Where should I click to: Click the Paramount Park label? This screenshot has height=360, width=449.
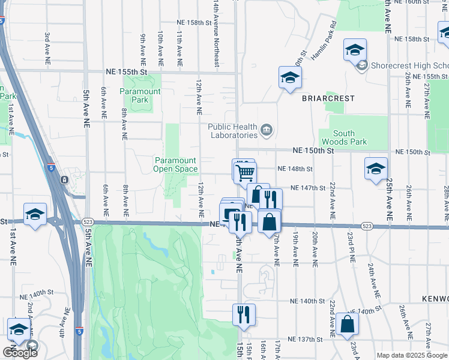pos(140,95)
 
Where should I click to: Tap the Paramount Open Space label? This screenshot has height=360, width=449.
pos(175,164)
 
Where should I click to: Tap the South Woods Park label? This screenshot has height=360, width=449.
pos(343,137)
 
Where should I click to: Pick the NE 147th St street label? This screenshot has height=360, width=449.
pos(307,188)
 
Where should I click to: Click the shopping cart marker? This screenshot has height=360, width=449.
pos(245,173)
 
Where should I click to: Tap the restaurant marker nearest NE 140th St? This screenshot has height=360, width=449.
pos(244,314)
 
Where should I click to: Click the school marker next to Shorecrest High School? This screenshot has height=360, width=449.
pos(355,49)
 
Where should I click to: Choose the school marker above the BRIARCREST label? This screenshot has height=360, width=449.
pos(290,77)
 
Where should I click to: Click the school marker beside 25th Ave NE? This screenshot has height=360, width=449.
pos(376,169)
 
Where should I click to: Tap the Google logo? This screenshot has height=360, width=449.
pos(20,352)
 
